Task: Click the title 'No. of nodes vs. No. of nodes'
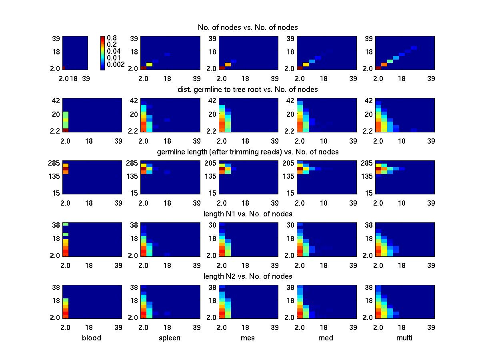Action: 248,27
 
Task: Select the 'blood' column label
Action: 92,338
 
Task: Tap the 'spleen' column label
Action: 170,338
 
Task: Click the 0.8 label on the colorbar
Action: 111,38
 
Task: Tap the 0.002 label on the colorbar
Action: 116,64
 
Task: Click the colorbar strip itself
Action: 103,53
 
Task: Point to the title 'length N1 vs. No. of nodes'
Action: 248,214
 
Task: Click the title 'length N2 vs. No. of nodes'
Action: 248,276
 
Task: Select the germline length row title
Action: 248,152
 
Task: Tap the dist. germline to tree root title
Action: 248,90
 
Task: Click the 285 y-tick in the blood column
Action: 55,163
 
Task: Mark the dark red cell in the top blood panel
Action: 64,68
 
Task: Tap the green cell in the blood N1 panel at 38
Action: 66,224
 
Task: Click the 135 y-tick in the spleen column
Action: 133,176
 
